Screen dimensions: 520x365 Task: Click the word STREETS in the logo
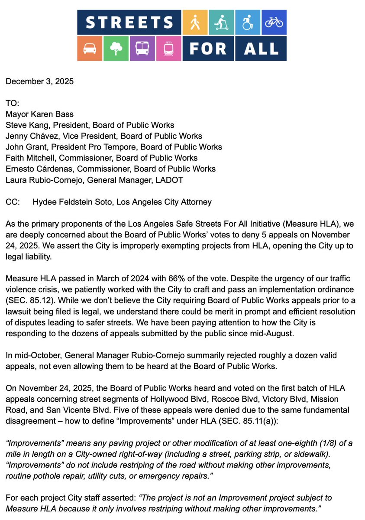129,22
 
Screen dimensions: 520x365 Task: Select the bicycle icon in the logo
274,22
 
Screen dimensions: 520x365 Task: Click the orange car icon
90,49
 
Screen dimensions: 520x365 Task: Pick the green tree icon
116,49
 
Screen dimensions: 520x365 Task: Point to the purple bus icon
142,49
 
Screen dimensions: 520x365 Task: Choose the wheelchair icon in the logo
247,22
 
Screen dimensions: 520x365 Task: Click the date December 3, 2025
39,81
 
